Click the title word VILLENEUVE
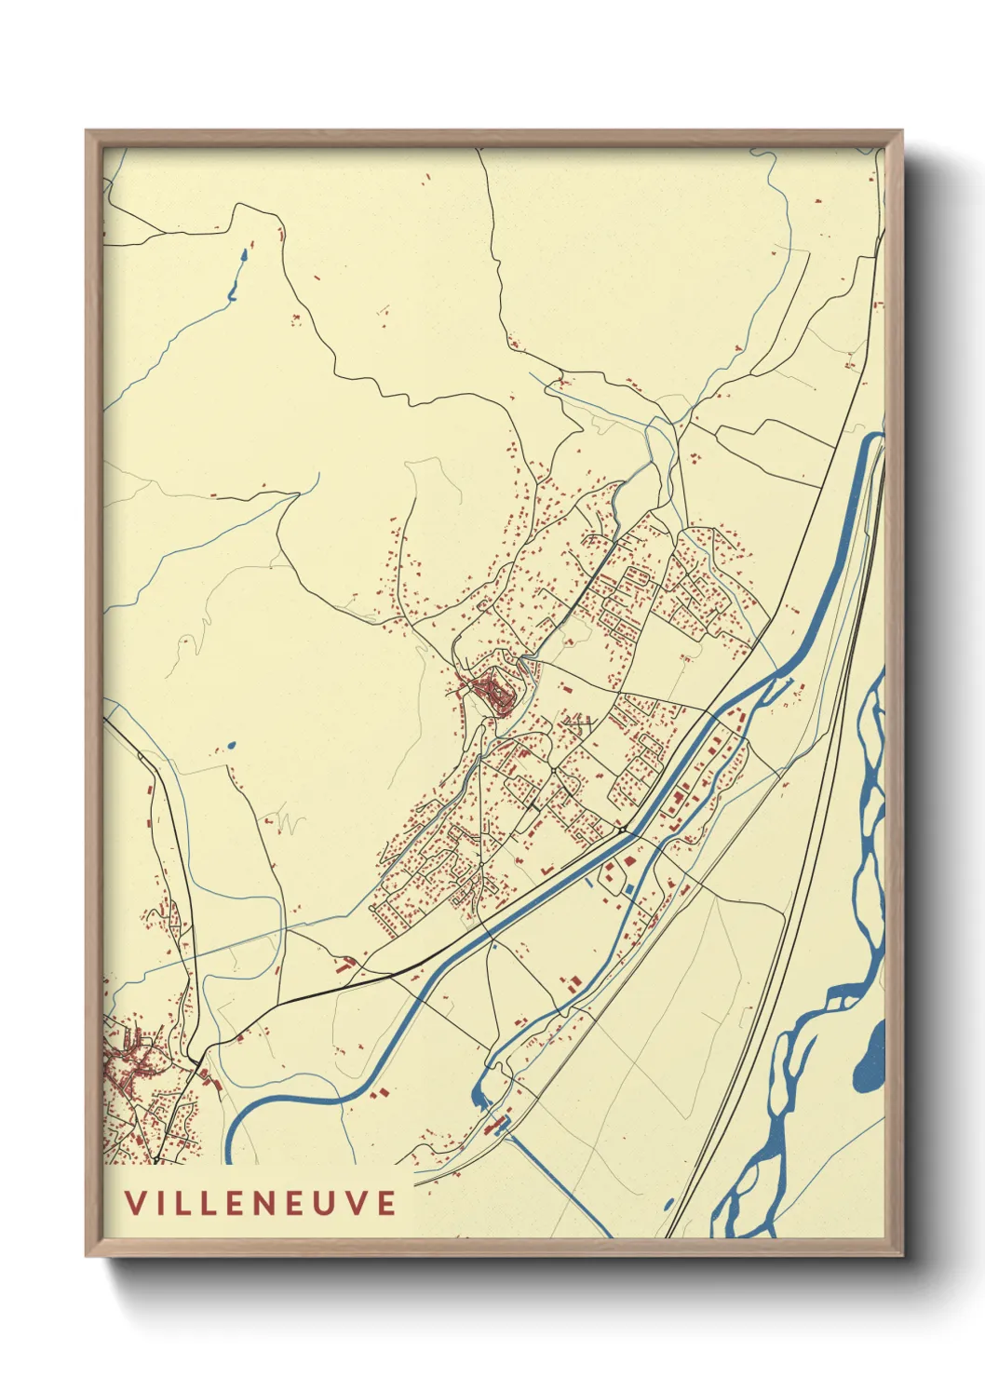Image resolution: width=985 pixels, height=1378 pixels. click(x=261, y=1202)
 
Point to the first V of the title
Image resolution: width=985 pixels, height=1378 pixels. click(x=135, y=1202)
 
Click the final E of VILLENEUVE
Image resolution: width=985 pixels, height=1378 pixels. click(x=385, y=1202)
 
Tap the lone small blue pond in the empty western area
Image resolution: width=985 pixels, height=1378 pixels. click(x=230, y=746)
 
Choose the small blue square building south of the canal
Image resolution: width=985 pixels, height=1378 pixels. click(x=629, y=889)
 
